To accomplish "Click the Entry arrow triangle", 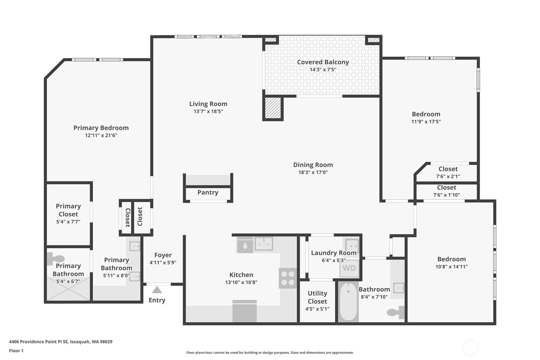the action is (x=157, y=290).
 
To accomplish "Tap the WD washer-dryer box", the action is (x=349, y=268).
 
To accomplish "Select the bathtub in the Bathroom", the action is (x=348, y=302).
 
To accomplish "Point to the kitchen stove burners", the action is (x=288, y=278).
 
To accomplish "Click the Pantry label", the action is (x=208, y=193).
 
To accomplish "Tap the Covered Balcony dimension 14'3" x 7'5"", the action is (x=323, y=70).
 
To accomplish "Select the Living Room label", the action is (x=208, y=104).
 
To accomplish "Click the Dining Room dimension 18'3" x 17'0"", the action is (x=313, y=172).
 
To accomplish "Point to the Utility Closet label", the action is (x=317, y=297).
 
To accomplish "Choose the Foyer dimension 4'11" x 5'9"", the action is (x=163, y=263).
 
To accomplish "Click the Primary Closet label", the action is (x=68, y=210).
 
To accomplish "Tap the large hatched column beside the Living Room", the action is (x=273, y=108).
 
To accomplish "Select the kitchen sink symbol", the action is (x=264, y=244).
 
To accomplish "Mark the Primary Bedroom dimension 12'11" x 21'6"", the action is (x=101, y=135).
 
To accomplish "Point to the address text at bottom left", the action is (x=61, y=342).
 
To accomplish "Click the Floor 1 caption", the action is (x=16, y=350).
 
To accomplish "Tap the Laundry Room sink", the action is (x=352, y=246).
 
